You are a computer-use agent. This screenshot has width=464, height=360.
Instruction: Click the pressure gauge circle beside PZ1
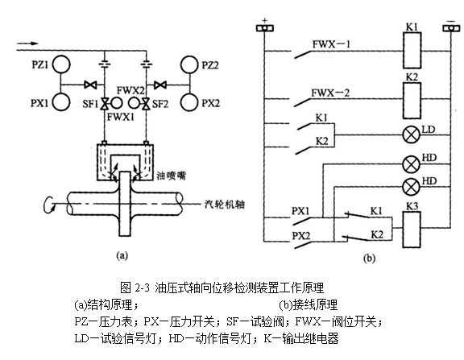coord(62,62)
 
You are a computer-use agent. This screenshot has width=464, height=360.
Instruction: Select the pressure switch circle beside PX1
coord(62,102)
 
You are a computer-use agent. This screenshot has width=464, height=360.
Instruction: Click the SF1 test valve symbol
coord(104,105)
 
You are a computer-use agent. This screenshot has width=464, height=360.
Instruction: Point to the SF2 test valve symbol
coord(145,105)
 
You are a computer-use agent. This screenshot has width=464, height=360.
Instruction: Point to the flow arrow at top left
coord(24,37)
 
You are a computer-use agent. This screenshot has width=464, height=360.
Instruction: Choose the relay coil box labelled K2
coord(411,93)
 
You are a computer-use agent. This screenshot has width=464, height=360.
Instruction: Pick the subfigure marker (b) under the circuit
coord(368,259)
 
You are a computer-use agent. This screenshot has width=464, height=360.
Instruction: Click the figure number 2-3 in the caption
coord(143,286)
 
